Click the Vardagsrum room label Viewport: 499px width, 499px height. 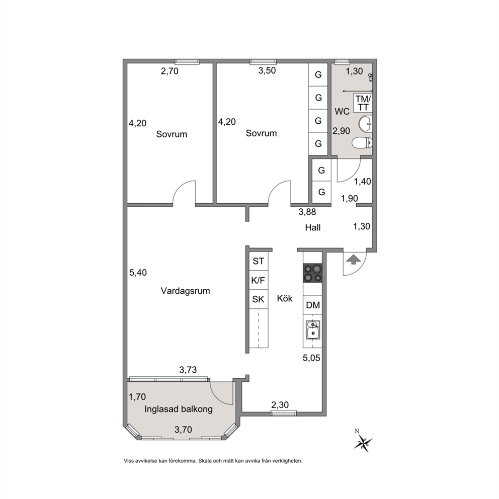pos(185,291)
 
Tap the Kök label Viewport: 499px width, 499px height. pos(285,298)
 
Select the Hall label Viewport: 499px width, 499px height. pos(313,227)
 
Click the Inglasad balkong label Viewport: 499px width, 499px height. pos(178,409)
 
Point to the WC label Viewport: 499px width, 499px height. pos(342,112)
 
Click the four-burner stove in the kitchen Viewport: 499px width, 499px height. pos(312,273)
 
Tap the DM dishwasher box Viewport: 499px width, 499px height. pos(312,305)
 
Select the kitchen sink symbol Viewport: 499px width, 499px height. pos(312,329)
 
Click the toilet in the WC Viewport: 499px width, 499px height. pos(362,143)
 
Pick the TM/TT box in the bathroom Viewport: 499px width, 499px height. pos(363,103)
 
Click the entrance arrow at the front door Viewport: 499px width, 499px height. pos(352,260)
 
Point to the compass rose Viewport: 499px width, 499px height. pos(363,442)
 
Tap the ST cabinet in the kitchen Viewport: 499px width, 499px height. pos(258,261)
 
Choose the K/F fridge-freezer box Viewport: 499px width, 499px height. pos(258,280)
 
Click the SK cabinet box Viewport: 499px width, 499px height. pos(258,299)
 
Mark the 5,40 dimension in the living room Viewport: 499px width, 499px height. pos(138,273)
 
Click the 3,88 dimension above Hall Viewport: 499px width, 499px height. pos(307,212)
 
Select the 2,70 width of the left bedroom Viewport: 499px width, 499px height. pos(170,71)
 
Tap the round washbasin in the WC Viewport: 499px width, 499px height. pos(365,124)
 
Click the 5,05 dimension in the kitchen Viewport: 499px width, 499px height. pos(311,358)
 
